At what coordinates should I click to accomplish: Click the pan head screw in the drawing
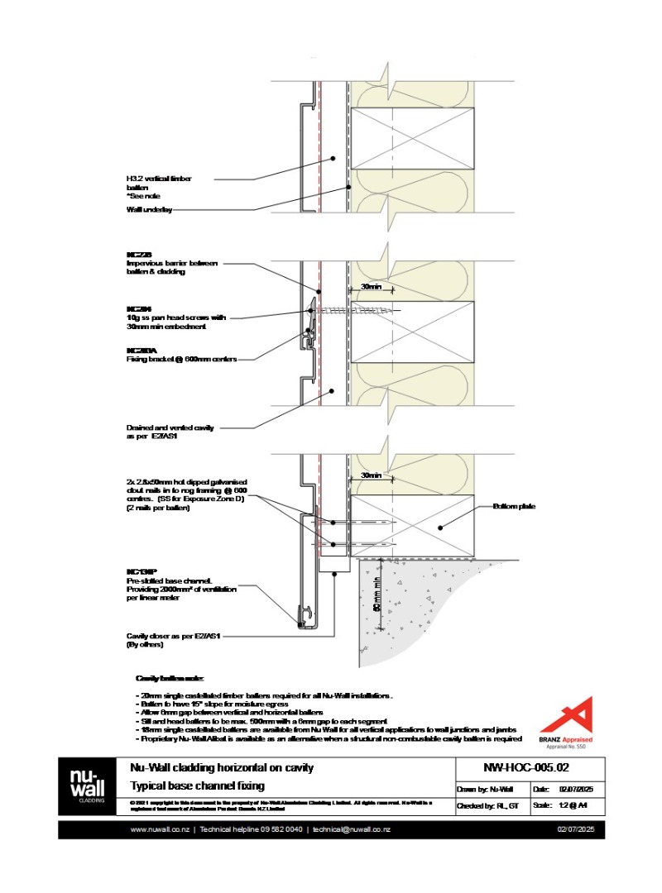tap(348, 310)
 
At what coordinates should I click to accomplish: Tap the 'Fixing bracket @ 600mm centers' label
tap(176, 360)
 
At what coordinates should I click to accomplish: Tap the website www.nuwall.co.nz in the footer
tap(162, 829)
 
